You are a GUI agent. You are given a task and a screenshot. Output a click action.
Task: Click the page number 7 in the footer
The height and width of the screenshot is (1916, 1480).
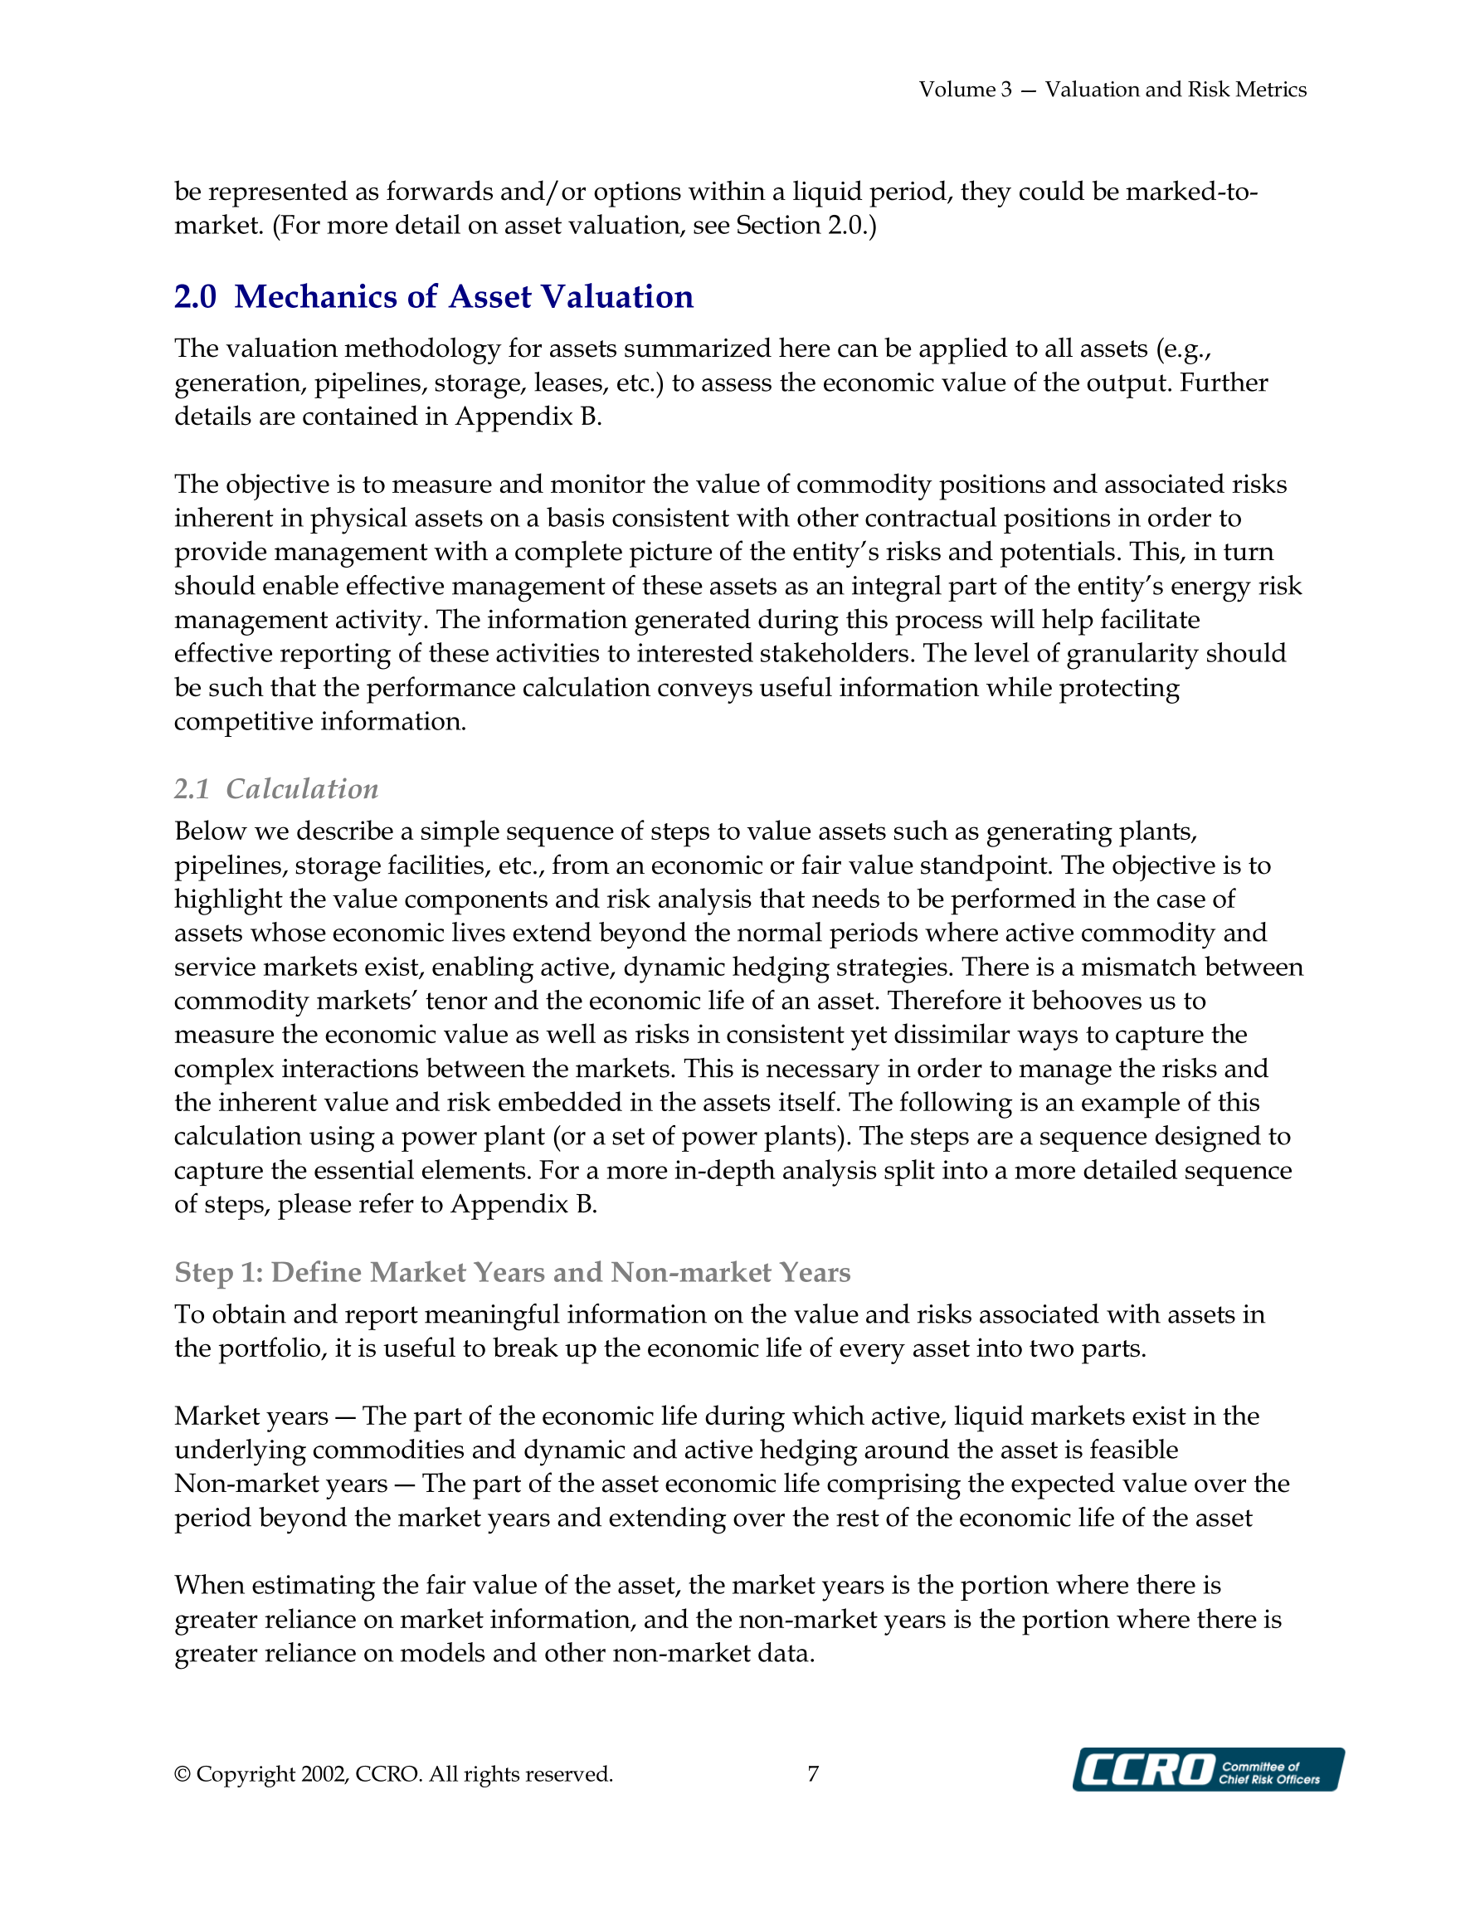click(813, 1774)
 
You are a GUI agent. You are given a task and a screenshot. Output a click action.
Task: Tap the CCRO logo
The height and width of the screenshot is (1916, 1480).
click(1207, 1769)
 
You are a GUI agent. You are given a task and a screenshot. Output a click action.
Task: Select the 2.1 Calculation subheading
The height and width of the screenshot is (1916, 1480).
click(276, 788)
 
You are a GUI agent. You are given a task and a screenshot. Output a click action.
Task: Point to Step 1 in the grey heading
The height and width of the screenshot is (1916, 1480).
click(218, 1272)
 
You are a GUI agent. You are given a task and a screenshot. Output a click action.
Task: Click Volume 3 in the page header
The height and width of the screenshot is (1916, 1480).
click(965, 90)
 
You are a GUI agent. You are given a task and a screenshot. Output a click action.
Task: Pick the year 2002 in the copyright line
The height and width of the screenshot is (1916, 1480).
click(324, 1774)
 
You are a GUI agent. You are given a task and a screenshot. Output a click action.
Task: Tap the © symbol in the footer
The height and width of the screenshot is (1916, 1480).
click(183, 1774)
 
